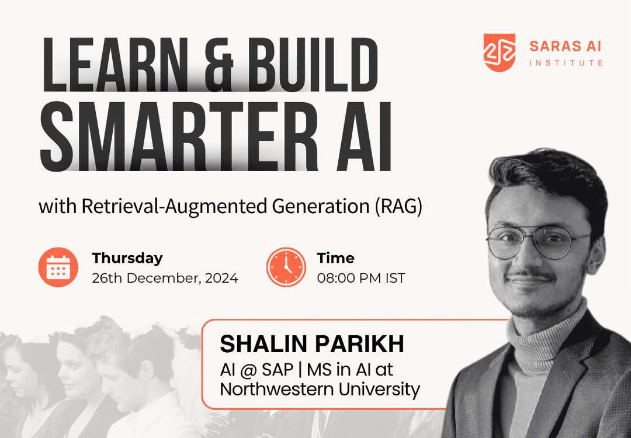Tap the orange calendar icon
pos(58,267)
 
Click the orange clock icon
pos(286,267)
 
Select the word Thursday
pos(127,258)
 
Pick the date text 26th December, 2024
pos(165,278)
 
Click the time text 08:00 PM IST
pos(360,278)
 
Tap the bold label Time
pos(335,258)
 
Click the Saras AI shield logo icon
pos(500,53)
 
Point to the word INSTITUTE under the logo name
pos(566,62)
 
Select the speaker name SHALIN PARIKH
pos(312,345)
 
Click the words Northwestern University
pos(320,389)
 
